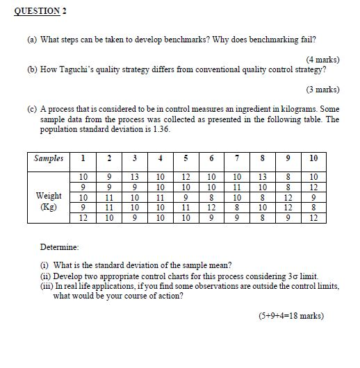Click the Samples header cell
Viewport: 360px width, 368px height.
click(49, 159)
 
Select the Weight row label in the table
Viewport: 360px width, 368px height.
click(49, 196)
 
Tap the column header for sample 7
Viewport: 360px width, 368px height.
click(236, 159)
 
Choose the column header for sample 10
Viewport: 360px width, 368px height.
click(313, 159)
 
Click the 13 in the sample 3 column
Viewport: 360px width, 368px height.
click(134, 176)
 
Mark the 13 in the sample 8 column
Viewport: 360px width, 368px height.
click(262, 176)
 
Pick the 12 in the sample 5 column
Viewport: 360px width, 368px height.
click(185, 176)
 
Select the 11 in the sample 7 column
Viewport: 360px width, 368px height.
click(236, 187)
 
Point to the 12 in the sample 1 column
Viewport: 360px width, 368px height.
click(83, 217)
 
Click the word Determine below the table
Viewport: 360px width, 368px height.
click(60, 246)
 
